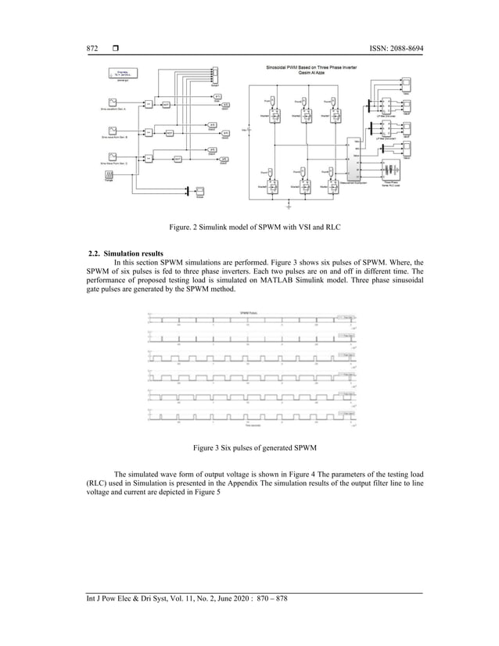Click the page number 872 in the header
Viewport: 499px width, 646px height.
(92, 48)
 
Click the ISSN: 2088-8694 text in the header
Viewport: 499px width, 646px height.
(392, 48)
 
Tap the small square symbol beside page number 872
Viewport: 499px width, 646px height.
(115, 48)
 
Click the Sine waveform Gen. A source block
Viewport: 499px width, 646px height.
(113, 102)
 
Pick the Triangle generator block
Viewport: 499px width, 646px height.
(109, 178)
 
